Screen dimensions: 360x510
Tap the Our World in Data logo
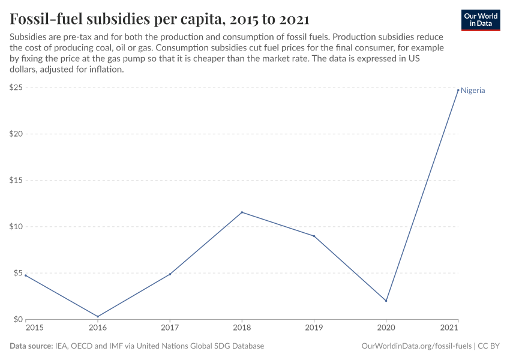[480, 20]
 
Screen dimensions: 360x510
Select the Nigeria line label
[473, 91]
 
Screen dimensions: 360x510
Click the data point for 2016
[98, 316]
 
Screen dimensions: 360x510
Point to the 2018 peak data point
[242, 212]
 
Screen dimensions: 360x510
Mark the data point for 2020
[386, 301]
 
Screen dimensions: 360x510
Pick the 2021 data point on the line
[458, 91]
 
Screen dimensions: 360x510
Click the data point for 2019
[314, 236]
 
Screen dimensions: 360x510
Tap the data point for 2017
[170, 274]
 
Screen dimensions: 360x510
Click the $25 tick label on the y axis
[16, 88]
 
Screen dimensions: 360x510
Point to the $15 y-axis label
[16, 181]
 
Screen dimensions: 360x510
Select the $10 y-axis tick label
[16, 227]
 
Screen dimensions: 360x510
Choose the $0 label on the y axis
[19, 320]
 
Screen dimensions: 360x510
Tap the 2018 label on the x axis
[242, 328]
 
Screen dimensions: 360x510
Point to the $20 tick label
[16, 134]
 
